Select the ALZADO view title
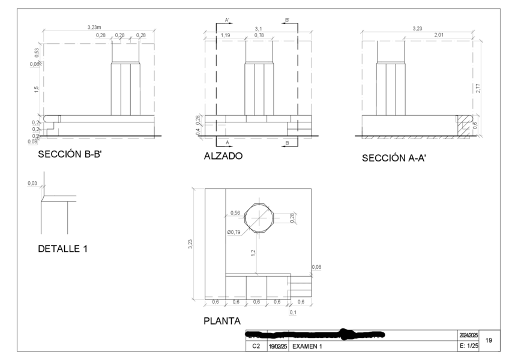coord(223,155)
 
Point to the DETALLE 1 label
coord(63,248)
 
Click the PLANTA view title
coord(222,321)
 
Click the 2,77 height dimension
coord(478,88)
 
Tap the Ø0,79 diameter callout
coord(235,232)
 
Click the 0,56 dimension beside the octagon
coord(235,213)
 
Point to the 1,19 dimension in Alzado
coord(225,36)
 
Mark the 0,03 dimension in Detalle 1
coord(32,182)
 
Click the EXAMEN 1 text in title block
coord(307,346)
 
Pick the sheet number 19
coord(489,340)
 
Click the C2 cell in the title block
coord(256,346)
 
